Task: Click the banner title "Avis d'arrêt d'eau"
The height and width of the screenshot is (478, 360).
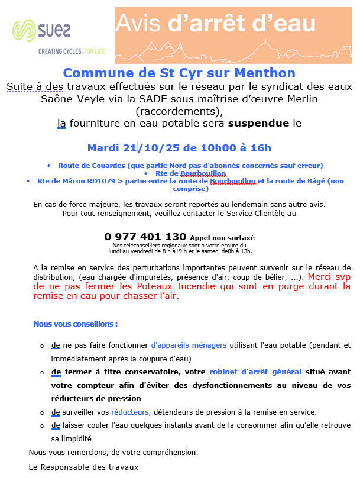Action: tap(216, 23)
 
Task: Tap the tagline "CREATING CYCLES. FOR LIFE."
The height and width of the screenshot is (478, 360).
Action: tap(72, 51)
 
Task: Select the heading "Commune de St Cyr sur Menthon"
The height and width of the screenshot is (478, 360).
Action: tap(179, 73)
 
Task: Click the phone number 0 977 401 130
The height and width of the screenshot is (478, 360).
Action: tap(145, 237)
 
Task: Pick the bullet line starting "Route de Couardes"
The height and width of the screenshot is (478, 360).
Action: tap(190, 165)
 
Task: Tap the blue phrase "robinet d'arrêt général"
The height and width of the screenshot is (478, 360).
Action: tap(255, 372)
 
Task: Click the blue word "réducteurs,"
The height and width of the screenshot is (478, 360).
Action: tap(131, 412)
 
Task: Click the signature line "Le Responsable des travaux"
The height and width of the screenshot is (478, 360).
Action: tap(84, 467)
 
